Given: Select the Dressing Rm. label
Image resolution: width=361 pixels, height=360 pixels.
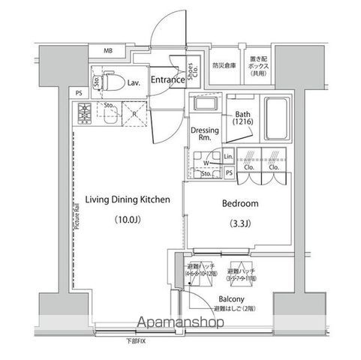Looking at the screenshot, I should pyautogui.click(x=204, y=133).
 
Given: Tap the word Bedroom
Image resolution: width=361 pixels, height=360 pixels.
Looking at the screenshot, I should pyautogui.click(x=240, y=203).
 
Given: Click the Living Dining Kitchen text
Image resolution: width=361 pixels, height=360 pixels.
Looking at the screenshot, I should pyautogui.click(x=122, y=199).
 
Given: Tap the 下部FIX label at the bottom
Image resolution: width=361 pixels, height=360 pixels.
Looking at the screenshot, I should pyautogui.click(x=136, y=342).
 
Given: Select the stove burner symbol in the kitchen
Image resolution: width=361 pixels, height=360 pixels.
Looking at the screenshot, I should pyautogui.click(x=84, y=115).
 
